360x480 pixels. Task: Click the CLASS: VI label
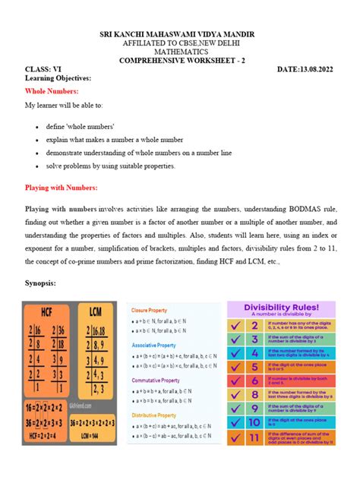tap(43, 70)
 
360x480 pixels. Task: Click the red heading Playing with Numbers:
tap(62, 187)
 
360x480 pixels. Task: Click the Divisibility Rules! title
tap(291, 308)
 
